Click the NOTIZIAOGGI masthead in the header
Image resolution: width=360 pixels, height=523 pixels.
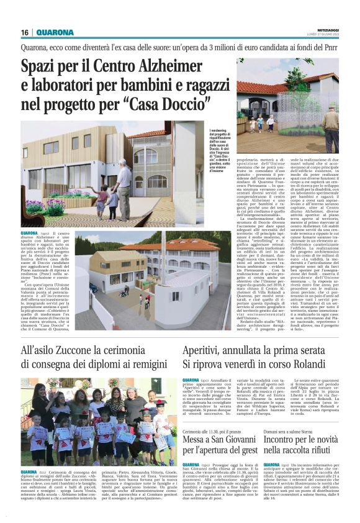(329, 29)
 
